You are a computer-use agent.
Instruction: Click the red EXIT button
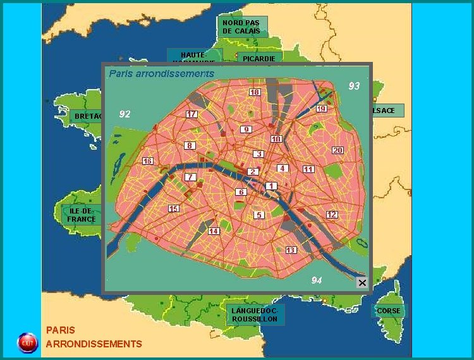click(27, 342)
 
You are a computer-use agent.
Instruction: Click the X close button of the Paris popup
click(362, 282)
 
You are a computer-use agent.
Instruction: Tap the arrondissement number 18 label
click(254, 92)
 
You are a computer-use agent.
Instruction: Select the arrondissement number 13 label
click(291, 250)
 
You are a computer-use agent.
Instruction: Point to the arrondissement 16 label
click(148, 161)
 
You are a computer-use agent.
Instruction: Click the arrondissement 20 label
click(337, 150)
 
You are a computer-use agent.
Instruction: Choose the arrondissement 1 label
click(270, 186)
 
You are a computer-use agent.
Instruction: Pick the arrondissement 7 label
click(190, 177)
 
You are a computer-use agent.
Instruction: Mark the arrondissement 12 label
click(331, 215)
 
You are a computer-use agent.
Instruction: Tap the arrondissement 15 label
click(173, 208)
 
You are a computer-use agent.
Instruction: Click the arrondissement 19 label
click(321, 109)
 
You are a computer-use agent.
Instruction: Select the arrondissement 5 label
click(258, 215)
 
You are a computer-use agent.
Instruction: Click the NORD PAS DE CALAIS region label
click(241, 27)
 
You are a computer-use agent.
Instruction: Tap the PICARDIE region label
click(258, 58)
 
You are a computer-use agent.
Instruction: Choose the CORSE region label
click(388, 311)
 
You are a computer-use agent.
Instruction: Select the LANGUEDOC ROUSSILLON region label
click(254, 315)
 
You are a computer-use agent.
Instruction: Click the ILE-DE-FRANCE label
click(82, 215)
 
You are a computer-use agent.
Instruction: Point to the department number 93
click(354, 85)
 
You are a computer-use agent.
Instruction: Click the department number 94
click(316, 280)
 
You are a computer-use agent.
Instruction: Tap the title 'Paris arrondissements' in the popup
click(161, 73)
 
